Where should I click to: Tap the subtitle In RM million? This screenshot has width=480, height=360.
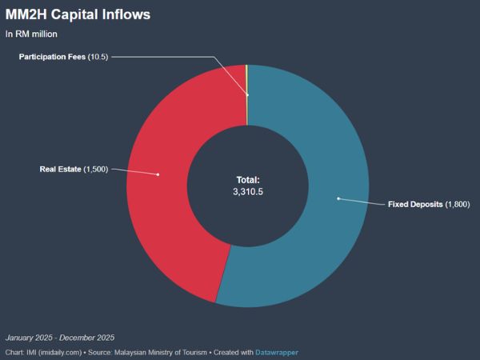(31, 34)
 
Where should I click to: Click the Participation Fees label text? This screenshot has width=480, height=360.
(52, 57)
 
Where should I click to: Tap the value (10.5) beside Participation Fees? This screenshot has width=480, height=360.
(98, 57)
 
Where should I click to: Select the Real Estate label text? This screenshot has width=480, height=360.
(60, 169)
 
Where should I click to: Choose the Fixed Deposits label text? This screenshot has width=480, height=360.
(415, 204)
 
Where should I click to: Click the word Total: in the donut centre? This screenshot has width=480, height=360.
(248, 180)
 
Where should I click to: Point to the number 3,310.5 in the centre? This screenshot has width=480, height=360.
(248, 192)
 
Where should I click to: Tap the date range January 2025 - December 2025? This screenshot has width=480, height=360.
(60, 338)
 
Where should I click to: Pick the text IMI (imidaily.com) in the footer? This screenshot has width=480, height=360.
(54, 352)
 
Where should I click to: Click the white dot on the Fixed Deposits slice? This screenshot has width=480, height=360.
(338, 198)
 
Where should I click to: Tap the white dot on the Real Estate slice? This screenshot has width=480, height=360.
(158, 174)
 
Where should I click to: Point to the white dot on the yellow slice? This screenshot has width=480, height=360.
(247, 95)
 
